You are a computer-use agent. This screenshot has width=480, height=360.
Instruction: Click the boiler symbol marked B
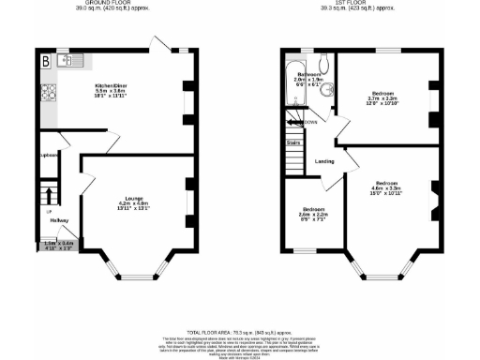click(44, 61)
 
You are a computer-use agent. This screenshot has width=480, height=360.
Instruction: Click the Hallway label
click(60, 220)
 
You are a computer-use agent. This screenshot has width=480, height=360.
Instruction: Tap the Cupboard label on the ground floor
click(49, 155)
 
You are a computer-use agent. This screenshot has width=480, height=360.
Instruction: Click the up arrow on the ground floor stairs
click(49, 197)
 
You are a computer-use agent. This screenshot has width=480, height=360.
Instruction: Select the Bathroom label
click(309, 75)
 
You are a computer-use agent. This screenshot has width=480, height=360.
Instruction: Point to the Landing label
click(324, 161)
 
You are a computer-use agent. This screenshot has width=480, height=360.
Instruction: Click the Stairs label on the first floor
click(292, 143)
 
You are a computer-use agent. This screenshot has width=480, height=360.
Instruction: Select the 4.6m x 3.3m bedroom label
click(386, 187)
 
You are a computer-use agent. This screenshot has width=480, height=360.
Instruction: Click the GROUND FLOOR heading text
click(103, 6)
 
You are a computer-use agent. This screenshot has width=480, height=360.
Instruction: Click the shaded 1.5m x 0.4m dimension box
click(58, 245)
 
